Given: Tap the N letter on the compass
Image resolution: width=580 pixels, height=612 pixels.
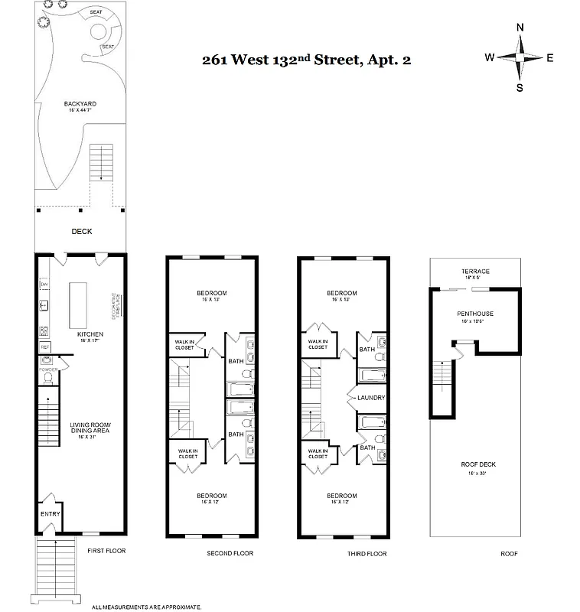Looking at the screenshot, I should coord(520,28).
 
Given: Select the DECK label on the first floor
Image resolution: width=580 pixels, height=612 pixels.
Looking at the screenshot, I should coord(82,231).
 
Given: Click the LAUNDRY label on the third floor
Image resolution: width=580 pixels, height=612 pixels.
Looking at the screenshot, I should coord(370,398).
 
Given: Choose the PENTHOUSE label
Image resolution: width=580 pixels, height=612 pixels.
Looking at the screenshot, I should coord(475,314).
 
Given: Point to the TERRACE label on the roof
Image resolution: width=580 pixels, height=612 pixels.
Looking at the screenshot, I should coord(474,272).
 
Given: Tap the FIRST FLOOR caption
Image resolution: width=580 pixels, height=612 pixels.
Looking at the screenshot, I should coord(105,550).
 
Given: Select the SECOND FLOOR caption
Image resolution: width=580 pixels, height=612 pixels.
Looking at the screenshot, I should coord(230,553).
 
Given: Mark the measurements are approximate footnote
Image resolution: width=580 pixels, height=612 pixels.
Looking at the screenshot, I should coord(146,607).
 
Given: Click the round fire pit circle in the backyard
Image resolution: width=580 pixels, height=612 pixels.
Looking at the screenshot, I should coord(99,32).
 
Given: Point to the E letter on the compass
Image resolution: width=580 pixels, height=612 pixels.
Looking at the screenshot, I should coord(549,57).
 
